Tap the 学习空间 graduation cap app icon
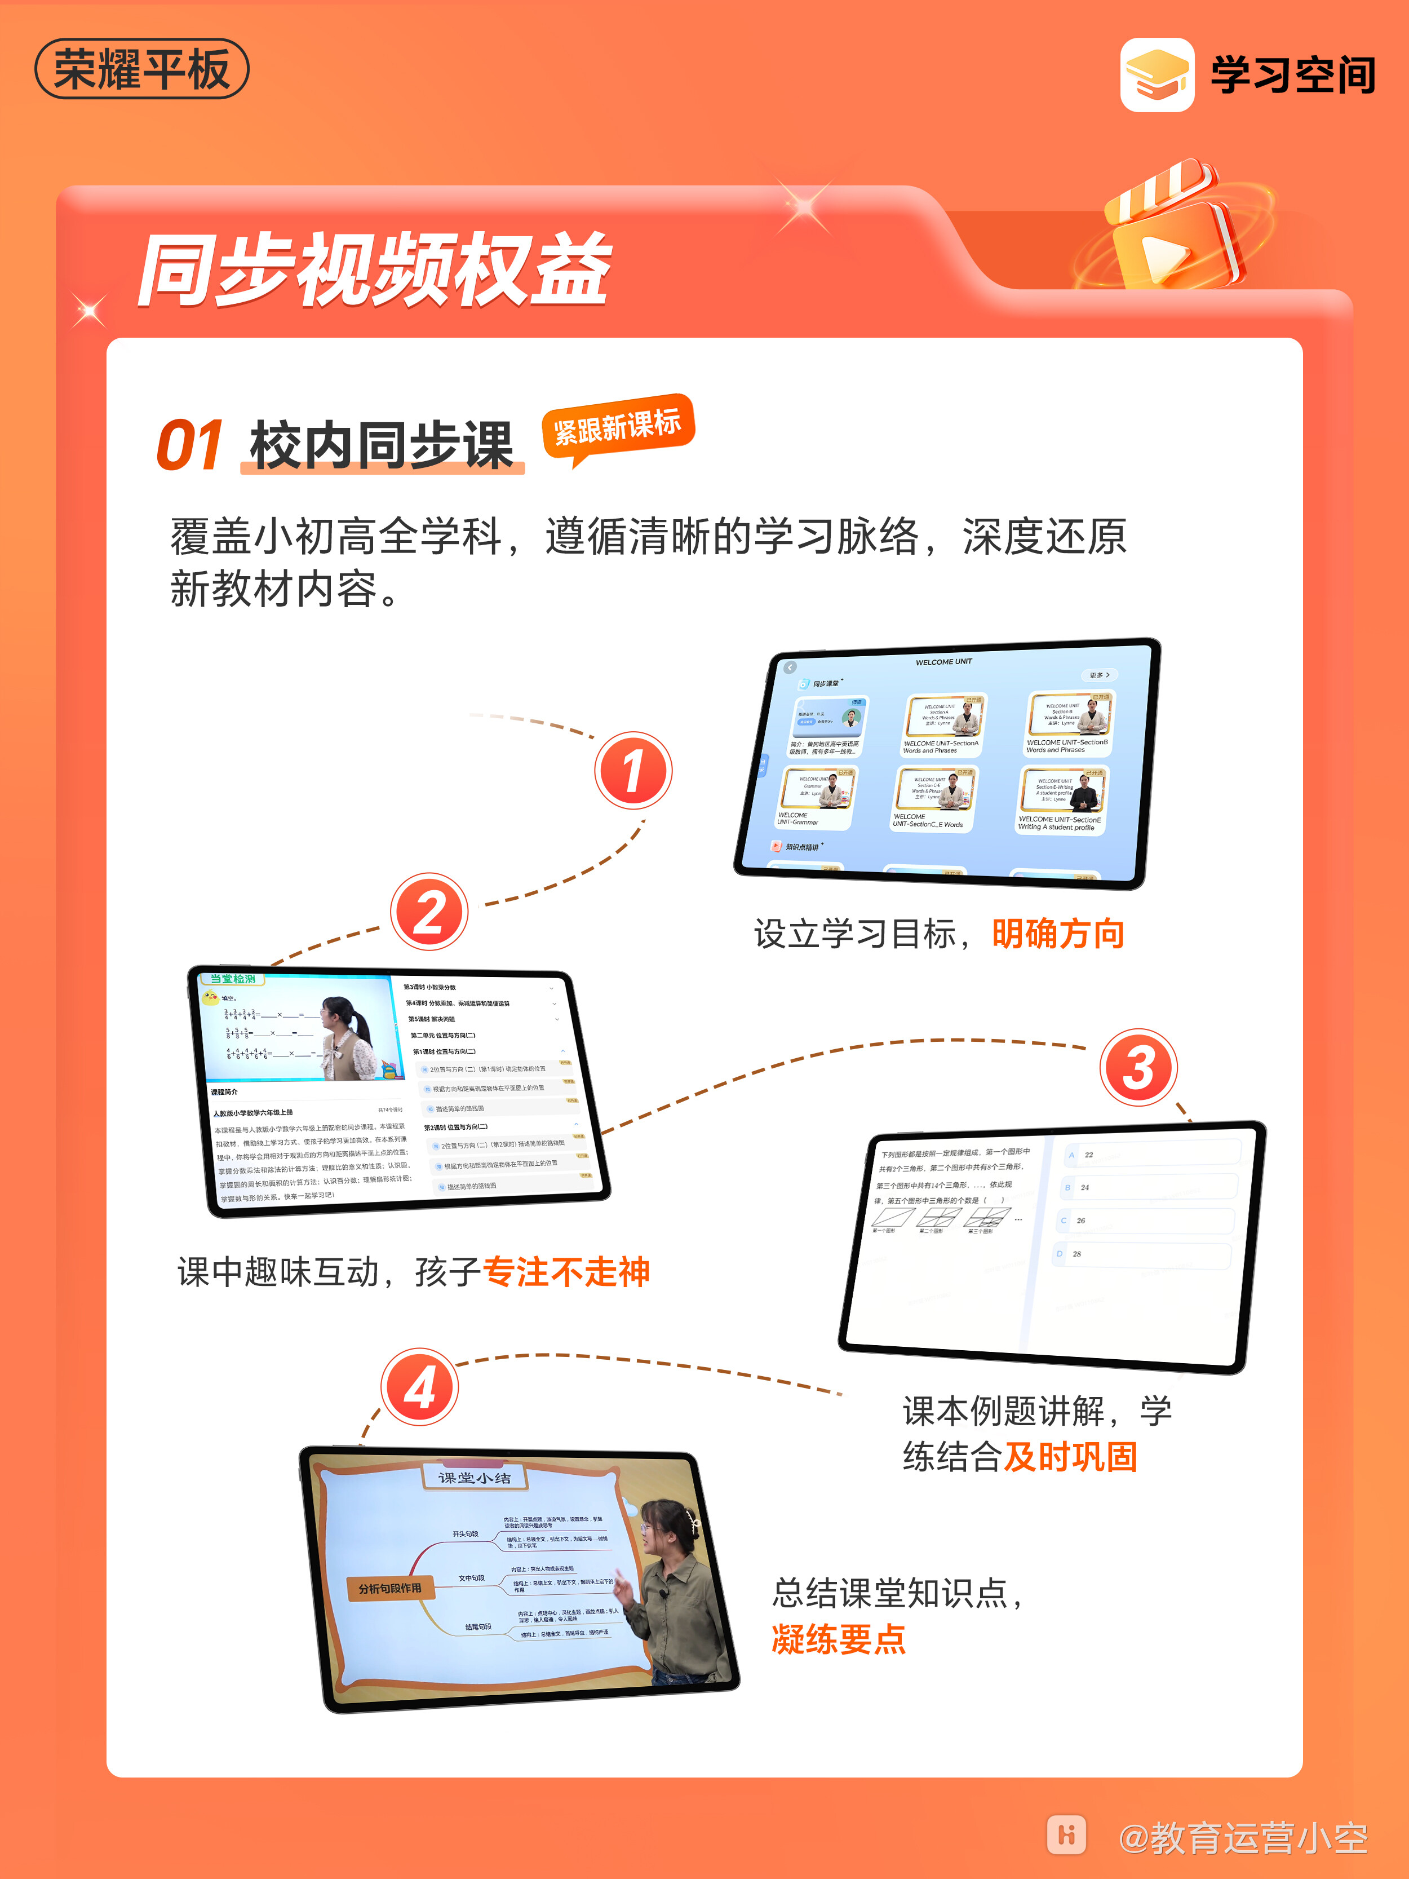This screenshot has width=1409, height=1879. [x=1157, y=75]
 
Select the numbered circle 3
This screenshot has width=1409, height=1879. [x=1138, y=1068]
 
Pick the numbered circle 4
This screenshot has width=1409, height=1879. [x=419, y=1388]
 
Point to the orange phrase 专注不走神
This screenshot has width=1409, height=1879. [x=566, y=1272]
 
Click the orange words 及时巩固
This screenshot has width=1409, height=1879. [x=1070, y=1456]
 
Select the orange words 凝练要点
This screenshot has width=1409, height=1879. [x=838, y=1639]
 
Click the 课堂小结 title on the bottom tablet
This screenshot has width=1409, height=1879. [x=475, y=1477]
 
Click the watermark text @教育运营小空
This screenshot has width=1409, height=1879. [x=1243, y=1837]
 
